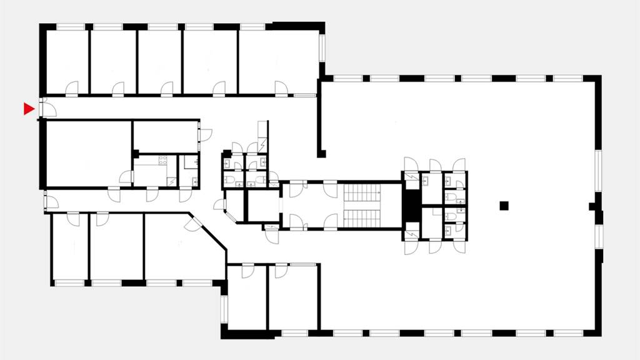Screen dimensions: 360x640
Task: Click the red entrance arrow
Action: pyautogui.click(x=28, y=109)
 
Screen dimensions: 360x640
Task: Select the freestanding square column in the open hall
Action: pyautogui.click(x=504, y=206)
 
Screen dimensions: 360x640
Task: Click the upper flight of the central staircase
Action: pyautogui.click(x=362, y=192)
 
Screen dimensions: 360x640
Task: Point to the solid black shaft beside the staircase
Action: pyautogui.click(x=411, y=205)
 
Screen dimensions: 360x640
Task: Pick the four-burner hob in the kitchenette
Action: pyautogui.click(x=164, y=161)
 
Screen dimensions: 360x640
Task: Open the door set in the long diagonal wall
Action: pyautogui.click(x=193, y=224)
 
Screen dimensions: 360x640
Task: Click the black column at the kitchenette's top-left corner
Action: pyautogui.click(x=134, y=154)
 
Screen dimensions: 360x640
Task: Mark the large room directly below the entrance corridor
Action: pyautogui.click(x=87, y=153)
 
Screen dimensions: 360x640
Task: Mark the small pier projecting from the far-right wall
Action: pyautogui.click(x=592, y=206)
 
